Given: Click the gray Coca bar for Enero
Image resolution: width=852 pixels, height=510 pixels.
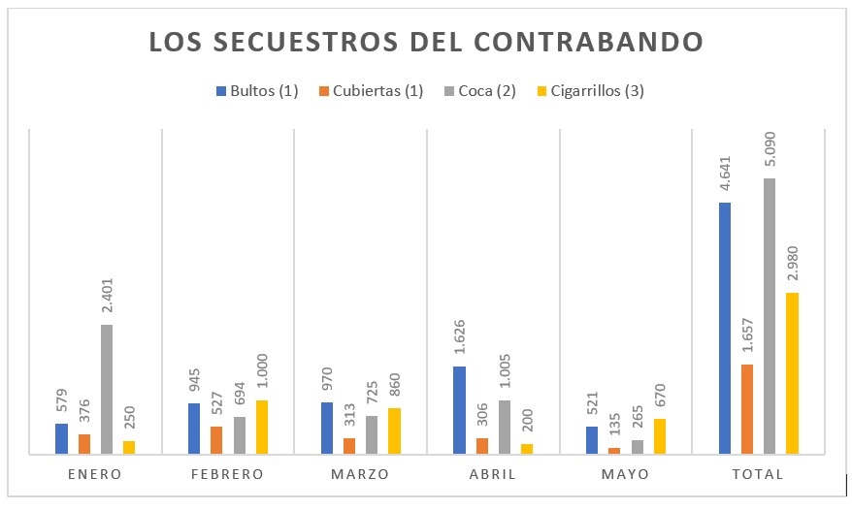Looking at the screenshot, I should click(107, 389).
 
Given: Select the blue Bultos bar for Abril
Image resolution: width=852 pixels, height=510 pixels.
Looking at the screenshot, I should click(460, 409).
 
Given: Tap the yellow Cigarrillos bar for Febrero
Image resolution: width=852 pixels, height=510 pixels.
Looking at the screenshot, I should click(262, 427).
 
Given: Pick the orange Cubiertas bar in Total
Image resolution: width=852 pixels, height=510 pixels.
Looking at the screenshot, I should click(747, 408).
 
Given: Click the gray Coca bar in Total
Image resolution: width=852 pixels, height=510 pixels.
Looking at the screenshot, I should click(770, 315).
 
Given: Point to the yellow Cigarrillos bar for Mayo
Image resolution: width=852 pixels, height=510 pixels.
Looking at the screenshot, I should click(660, 435).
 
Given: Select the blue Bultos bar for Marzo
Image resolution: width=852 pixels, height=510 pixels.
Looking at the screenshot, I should click(327, 428).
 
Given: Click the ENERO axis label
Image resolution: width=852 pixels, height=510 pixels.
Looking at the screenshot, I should click(95, 474).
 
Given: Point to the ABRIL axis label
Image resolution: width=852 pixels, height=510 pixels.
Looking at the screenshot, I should click(494, 474).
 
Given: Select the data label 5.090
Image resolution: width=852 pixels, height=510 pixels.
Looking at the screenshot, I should click(770, 151).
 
